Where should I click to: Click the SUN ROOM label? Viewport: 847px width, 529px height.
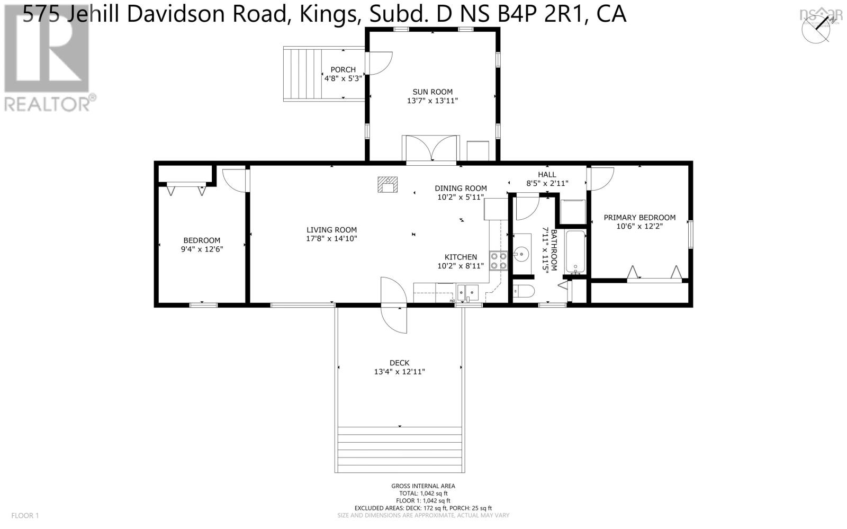432,92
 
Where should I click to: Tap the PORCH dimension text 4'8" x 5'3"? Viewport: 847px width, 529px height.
343,78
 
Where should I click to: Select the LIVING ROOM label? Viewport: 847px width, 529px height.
331,230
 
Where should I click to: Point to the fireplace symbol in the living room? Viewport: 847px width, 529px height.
388,184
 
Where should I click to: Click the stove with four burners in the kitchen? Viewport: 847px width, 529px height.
498,261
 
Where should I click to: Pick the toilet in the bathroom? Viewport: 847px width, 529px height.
525,291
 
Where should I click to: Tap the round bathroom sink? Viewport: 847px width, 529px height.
521,254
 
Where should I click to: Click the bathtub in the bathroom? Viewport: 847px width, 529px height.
575,252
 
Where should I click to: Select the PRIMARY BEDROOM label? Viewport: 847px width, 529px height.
639,218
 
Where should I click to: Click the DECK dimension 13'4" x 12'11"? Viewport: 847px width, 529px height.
399,372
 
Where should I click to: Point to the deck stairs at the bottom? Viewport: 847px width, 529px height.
400,450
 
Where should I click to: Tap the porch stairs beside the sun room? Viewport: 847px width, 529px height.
303,74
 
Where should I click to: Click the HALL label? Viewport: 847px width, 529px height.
547,174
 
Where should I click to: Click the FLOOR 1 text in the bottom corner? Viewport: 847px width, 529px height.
25,515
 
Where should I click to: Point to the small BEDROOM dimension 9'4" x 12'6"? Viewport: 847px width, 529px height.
202,249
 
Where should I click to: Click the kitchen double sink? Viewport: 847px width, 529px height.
468,291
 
